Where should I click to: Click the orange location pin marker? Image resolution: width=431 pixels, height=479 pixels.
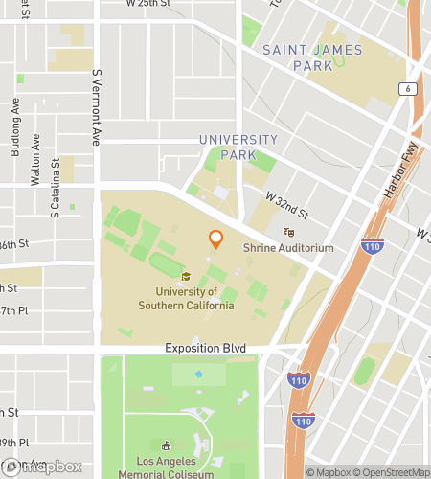[x=215, y=239]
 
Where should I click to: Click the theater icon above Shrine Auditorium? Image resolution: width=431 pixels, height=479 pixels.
[x=287, y=232]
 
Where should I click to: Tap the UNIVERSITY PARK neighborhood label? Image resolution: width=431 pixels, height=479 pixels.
[x=238, y=147]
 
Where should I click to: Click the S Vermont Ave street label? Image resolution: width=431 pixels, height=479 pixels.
[x=96, y=106]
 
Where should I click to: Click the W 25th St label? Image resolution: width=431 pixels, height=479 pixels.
[x=149, y=5]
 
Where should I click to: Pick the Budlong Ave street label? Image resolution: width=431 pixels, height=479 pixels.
[x=14, y=138]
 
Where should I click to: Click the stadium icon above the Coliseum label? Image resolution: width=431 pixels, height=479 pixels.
[x=167, y=445]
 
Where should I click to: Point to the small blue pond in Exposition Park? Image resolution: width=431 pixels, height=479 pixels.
[x=199, y=374]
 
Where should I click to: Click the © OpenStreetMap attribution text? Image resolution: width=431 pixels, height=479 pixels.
[x=393, y=472]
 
